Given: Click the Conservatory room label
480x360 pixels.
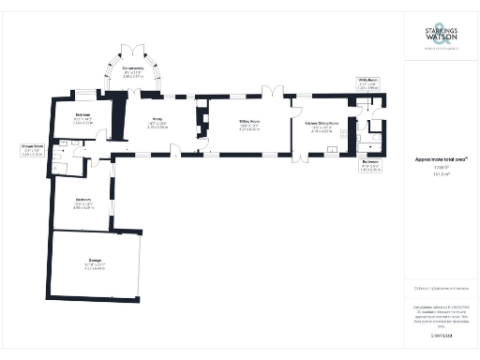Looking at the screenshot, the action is (133, 70).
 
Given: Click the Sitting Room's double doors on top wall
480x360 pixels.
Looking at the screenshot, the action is (265, 92).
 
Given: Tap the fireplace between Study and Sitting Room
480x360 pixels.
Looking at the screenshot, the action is (198, 122).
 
